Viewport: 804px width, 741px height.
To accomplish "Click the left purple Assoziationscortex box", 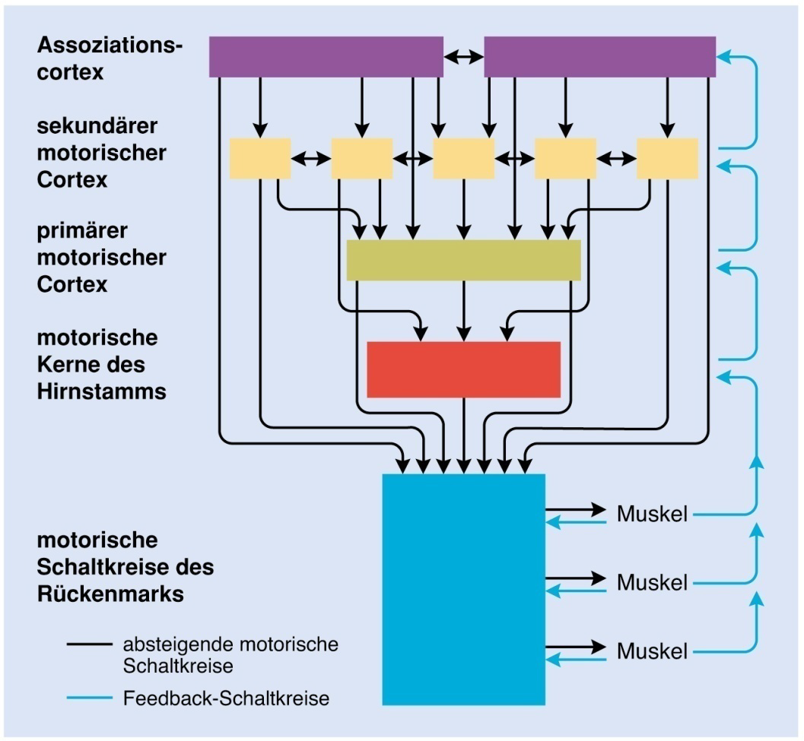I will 326,56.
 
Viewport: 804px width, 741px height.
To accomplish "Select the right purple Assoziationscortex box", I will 599,56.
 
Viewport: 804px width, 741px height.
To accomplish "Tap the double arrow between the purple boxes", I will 464,56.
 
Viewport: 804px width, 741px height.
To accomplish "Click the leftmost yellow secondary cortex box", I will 260,158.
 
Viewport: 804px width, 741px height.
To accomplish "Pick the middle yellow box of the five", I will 463,158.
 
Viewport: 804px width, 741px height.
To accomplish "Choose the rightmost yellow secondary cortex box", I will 667,158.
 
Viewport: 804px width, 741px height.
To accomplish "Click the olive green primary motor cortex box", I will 463,260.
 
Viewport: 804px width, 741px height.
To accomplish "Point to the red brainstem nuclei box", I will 463,369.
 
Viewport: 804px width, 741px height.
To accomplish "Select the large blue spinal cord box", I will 463,589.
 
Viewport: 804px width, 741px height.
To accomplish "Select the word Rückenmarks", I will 110,594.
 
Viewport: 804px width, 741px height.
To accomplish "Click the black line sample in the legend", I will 90,644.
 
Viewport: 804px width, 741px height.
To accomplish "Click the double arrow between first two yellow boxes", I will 311,158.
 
